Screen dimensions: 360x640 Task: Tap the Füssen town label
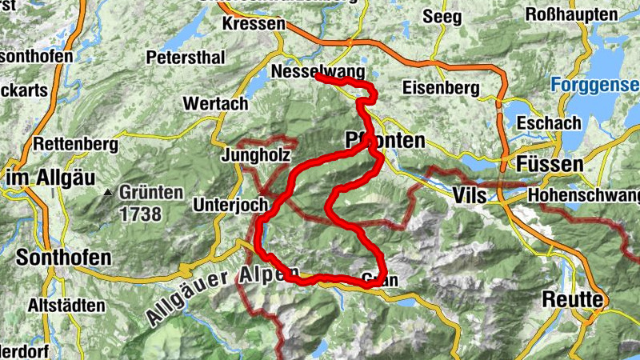click(x=550, y=164)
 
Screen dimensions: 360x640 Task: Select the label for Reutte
click(x=572, y=298)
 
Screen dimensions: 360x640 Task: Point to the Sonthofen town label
click(x=63, y=259)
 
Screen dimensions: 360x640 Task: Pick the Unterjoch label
click(x=230, y=206)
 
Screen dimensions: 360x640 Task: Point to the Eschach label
click(x=548, y=123)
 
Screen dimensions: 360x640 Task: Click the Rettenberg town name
click(x=76, y=145)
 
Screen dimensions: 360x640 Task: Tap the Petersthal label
click(x=185, y=58)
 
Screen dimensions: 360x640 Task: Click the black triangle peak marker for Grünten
click(x=107, y=192)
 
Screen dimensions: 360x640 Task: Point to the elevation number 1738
click(x=141, y=214)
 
